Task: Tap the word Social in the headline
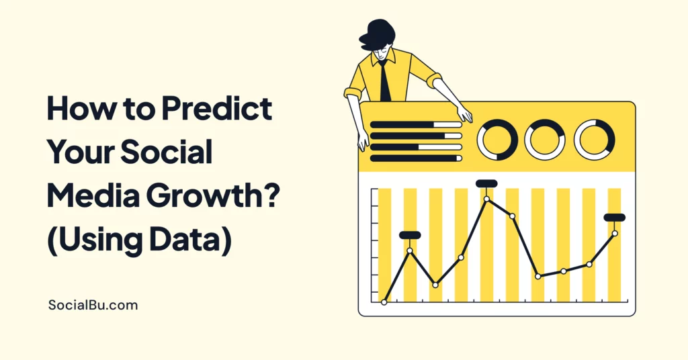pos(167,152)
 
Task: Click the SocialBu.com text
pos(93,305)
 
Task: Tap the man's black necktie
pos(385,81)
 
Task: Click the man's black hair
pos(377,35)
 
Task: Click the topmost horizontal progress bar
pos(416,125)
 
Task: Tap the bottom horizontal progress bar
pos(416,159)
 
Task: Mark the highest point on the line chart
pos(486,199)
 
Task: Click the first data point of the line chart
pos(384,302)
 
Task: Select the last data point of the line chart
pos(615,233)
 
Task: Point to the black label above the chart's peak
pos(486,183)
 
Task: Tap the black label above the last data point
pos(615,218)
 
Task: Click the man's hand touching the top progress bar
pos(465,115)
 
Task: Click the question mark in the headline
pos(272,195)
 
